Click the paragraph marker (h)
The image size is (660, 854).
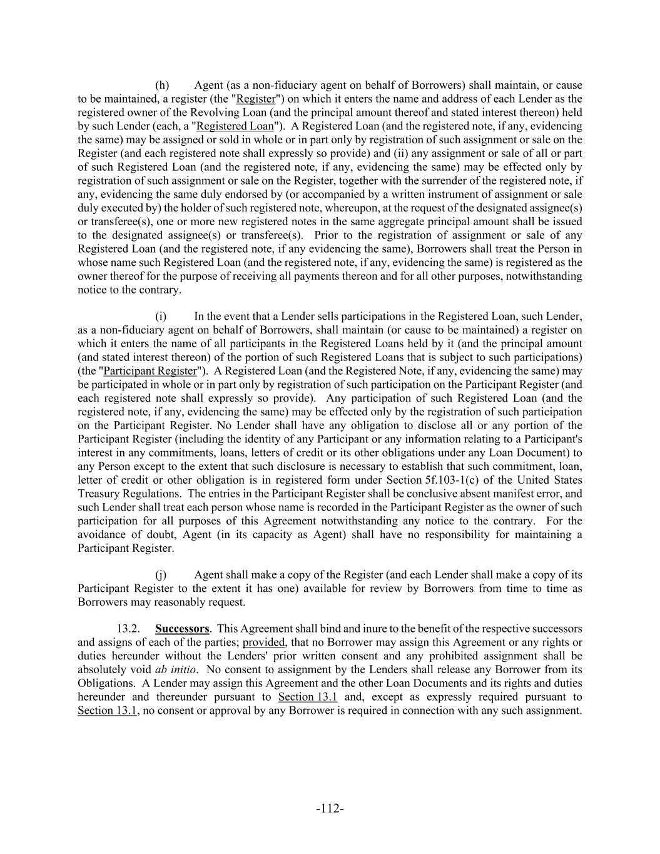tap(162, 85)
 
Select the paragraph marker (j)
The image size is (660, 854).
tap(161, 575)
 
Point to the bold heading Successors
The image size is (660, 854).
tap(182, 629)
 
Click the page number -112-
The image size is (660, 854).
tap(330, 809)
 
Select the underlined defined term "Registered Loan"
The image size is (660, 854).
tap(235, 126)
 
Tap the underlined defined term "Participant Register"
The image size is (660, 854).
tap(150, 371)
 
